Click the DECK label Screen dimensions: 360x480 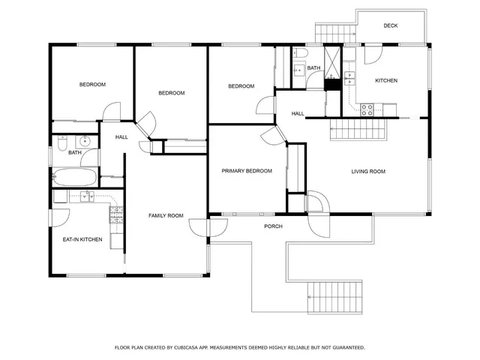[390, 25]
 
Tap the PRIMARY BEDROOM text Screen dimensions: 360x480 [246, 171]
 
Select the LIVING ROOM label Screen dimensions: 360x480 [368, 172]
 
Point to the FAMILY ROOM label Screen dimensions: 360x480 [166, 216]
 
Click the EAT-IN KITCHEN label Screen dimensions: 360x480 [82, 239]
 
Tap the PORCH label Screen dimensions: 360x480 [273, 226]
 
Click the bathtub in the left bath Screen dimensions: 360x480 [76, 178]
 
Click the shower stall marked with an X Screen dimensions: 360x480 [331, 59]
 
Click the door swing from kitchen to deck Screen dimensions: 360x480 [373, 55]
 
